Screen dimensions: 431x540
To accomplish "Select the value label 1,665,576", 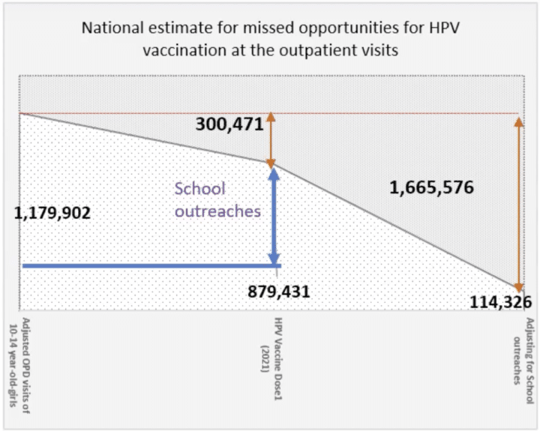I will [x=431, y=187].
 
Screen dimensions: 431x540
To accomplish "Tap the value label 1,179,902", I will [x=52, y=213].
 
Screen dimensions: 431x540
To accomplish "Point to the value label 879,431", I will [x=278, y=291].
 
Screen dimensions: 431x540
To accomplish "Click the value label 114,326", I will [x=502, y=302].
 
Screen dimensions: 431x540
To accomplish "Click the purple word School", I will [x=199, y=188].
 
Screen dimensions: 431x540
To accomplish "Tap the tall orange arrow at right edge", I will [x=518, y=202].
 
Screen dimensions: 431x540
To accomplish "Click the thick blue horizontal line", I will [x=150, y=265].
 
